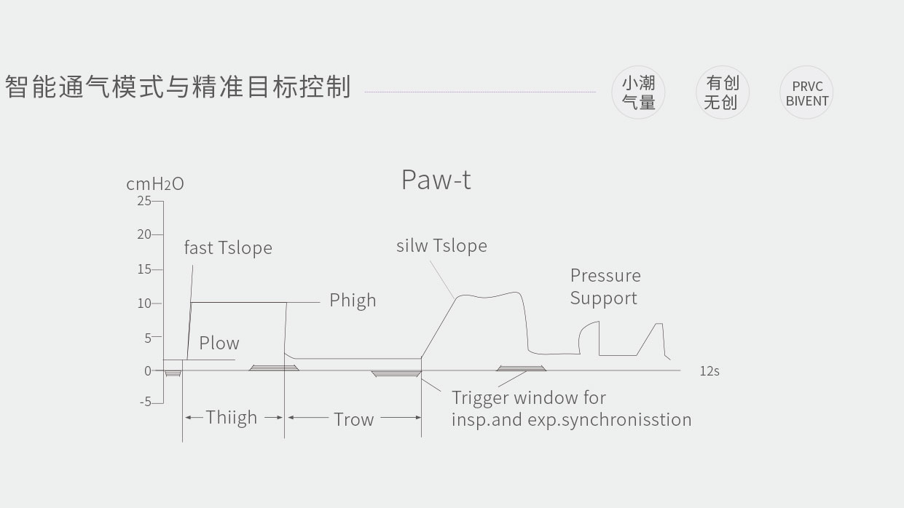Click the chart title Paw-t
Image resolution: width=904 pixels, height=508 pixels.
point(436,180)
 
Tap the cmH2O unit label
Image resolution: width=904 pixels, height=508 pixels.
point(154,184)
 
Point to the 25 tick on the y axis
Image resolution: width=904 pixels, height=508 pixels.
point(144,200)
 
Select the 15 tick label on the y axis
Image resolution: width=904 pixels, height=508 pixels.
point(144,269)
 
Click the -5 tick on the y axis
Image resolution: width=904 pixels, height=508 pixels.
point(145,402)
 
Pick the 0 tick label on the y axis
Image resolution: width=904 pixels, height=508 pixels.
point(148,370)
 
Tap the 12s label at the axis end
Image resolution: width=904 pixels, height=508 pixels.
point(709,371)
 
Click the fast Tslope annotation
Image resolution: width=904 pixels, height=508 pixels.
point(227,247)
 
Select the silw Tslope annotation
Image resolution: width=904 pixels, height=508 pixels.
point(441,245)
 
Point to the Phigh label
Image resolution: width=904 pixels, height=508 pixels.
point(353,300)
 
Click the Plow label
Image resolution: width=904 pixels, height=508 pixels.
point(219,343)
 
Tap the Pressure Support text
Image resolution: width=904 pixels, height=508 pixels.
point(605,287)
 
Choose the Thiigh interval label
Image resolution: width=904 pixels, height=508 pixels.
point(232,418)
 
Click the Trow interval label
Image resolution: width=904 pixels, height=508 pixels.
point(353,419)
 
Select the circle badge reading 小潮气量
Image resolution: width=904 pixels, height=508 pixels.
point(638,92)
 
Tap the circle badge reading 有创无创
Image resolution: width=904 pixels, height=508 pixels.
point(722,92)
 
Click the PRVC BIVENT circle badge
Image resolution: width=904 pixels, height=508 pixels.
point(806,93)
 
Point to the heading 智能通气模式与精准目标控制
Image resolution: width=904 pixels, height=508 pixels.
point(178,87)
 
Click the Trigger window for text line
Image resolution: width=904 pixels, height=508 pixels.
point(528,398)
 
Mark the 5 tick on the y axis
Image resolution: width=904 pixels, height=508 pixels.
point(148,338)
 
